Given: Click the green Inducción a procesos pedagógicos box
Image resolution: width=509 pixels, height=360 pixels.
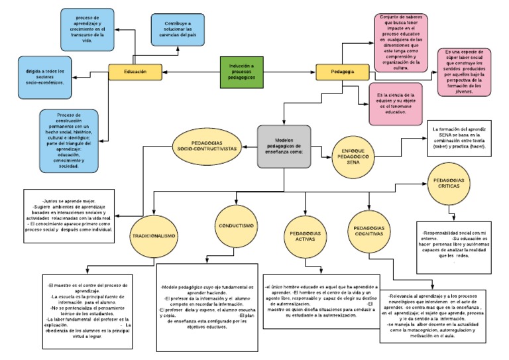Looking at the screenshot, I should pyautogui.click(x=246, y=71).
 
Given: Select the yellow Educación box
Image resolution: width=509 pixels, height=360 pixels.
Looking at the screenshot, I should pyautogui.click(x=135, y=71).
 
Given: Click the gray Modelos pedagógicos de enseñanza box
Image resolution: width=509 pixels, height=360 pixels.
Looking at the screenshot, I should pyautogui.click(x=284, y=147).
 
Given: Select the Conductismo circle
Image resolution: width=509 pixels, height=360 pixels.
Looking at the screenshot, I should pyautogui.click(x=235, y=226).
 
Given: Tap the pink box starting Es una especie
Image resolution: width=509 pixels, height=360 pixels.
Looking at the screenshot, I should pyautogui.click(x=464, y=71).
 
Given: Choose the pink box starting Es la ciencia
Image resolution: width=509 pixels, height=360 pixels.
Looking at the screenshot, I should pyautogui.click(x=396, y=104).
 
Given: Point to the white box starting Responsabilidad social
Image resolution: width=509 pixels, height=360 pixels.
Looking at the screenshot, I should pyautogui.click(x=455, y=246).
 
